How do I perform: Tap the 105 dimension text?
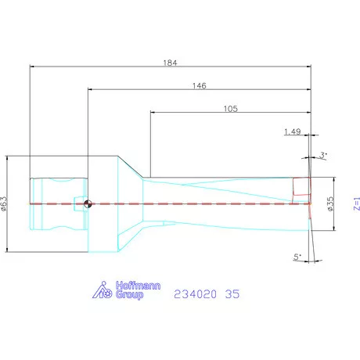point(230,109)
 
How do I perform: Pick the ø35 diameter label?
point(331,203)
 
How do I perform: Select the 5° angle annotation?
point(297,256)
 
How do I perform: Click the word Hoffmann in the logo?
point(138,286)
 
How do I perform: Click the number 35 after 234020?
point(232,295)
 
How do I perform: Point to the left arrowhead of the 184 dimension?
point(32,66)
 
